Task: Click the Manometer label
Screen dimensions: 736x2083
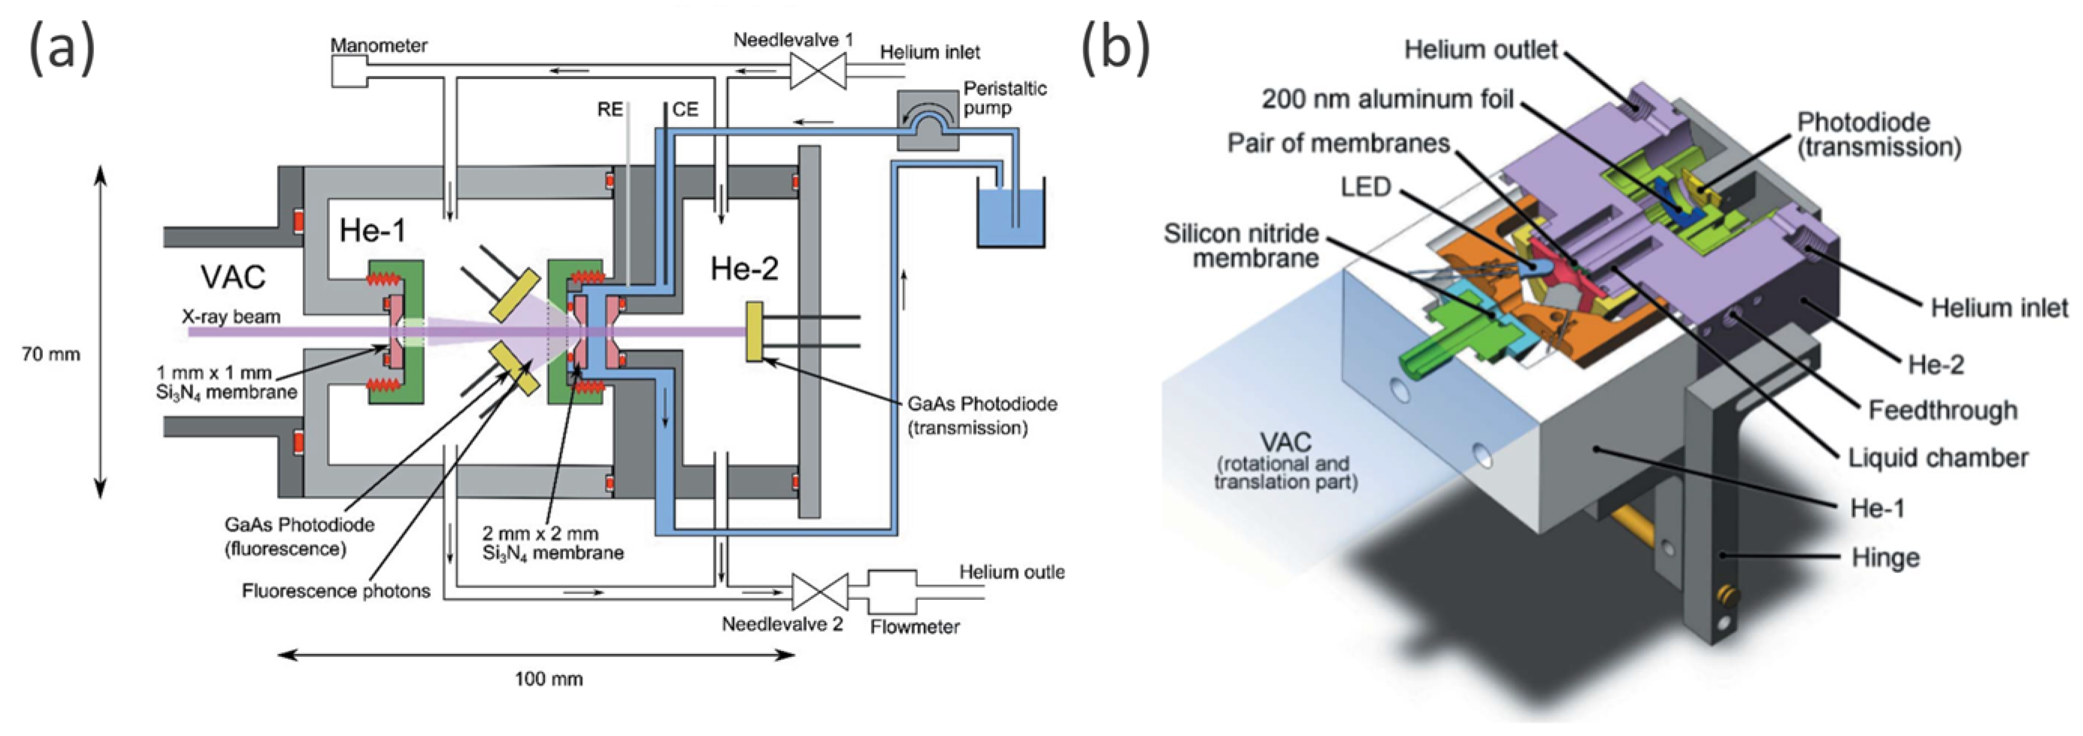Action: (378, 46)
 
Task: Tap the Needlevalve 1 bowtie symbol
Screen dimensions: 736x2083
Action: (818, 72)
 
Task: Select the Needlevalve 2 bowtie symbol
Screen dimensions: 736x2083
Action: (819, 592)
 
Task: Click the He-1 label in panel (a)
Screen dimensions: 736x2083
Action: (372, 232)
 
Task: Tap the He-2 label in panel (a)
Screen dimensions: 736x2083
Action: (744, 268)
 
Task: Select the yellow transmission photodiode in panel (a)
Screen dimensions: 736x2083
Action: (755, 331)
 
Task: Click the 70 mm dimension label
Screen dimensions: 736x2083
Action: (50, 354)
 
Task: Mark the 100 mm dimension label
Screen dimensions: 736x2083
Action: (548, 679)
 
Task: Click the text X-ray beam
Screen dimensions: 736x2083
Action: (231, 317)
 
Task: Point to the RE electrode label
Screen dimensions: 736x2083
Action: (610, 109)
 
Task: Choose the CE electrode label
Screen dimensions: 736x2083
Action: (685, 109)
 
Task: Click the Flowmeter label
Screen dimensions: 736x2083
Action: (915, 627)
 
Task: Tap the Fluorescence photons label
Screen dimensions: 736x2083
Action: (335, 591)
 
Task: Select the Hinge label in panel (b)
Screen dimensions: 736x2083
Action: (1885, 558)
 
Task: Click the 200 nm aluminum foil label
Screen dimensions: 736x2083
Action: (1387, 99)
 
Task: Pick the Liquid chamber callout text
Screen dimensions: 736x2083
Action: (1937, 458)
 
